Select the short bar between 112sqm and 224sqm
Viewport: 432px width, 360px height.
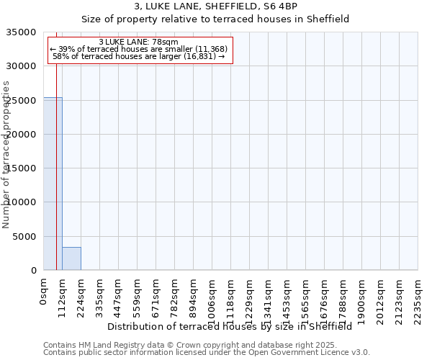point(71,258)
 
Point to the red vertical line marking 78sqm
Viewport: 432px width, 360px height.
point(56,180)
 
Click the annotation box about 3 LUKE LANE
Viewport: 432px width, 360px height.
point(141,50)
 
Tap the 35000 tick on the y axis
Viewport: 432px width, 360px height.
point(22,32)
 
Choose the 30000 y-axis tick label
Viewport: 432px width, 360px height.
point(22,66)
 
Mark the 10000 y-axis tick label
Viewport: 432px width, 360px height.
point(22,203)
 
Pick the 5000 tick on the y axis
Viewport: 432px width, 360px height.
point(25,237)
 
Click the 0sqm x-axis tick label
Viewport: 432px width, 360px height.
point(44,291)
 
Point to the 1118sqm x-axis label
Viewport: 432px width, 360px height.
point(231,299)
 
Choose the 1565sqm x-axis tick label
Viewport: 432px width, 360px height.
point(306,299)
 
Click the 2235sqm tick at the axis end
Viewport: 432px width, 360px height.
point(418,299)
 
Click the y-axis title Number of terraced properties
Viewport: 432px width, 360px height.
point(6,154)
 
